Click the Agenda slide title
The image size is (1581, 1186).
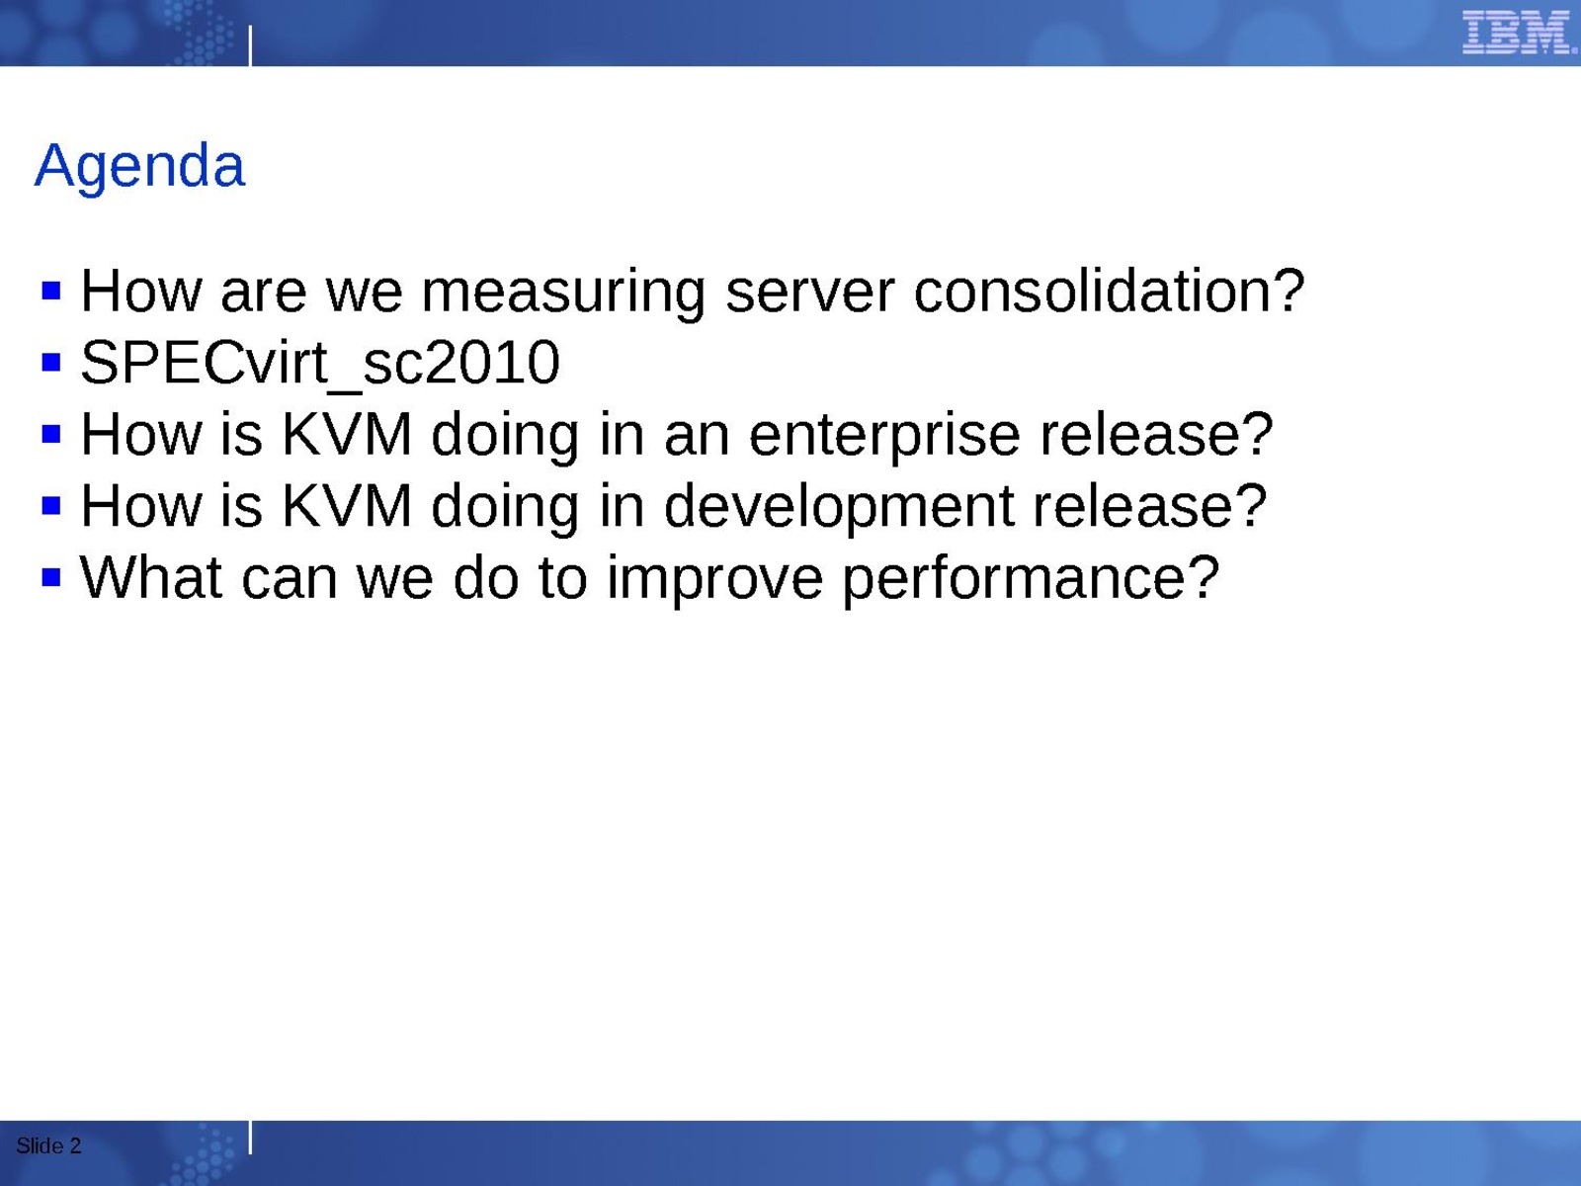coord(139,167)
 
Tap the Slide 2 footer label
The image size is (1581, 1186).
coord(49,1145)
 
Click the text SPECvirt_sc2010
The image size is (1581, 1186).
coord(320,363)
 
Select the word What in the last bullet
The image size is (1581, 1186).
coord(151,577)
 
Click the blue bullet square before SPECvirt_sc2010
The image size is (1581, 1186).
coord(51,362)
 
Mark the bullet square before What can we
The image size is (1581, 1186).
coord(51,577)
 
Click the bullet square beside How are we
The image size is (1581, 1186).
coord(51,291)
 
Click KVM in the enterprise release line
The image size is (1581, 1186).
coord(347,434)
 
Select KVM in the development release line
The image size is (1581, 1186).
coord(347,505)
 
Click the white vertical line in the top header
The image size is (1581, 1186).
coord(250,46)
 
